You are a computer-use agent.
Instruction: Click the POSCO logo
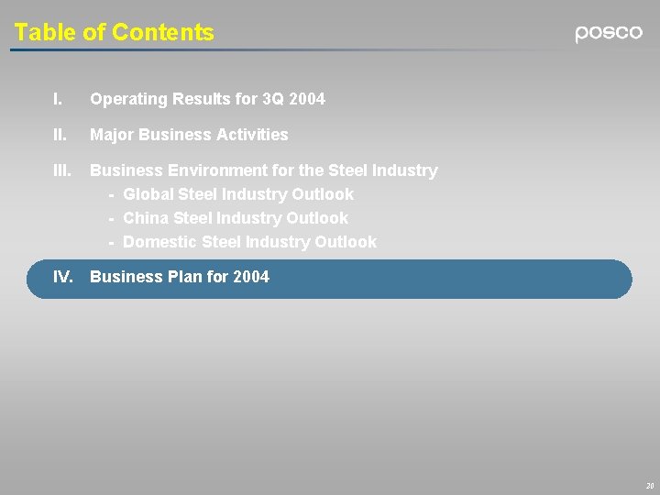(x=609, y=33)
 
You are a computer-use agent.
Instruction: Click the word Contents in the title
(x=162, y=33)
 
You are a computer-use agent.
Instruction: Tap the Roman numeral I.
(x=58, y=98)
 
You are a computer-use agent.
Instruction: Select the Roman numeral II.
(x=60, y=135)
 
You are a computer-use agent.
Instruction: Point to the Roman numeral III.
(x=63, y=170)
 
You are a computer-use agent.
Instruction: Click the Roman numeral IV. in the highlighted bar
(x=64, y=277)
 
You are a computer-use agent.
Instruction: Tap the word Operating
(x=126, y=98)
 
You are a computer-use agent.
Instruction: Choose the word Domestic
(x=158, y=242)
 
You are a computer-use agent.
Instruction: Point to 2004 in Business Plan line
(x=251, y=277)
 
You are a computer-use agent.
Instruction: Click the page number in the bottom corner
(x=649, y=485)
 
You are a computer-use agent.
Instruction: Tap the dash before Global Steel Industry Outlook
(x=111, y=194)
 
